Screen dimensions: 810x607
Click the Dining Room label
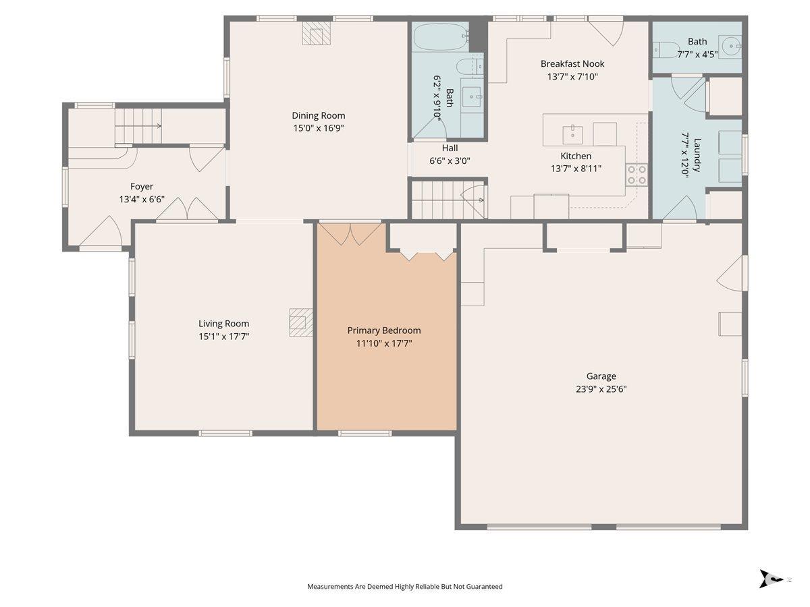[x=318, y=115]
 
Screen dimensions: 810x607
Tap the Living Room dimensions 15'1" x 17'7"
[x=223, y=337]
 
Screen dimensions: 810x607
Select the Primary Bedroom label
[x=384, y=330]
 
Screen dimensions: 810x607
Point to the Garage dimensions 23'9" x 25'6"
[x=601, y=389]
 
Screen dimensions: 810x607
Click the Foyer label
[x=142, y=187]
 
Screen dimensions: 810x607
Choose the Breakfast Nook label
[x=572, y=64]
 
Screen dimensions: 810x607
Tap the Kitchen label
[x=576, y=156]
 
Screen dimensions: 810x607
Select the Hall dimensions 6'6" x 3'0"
[x=450, y=161]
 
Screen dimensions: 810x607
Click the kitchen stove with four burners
[x=637, y=175]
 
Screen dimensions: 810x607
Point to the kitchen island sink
[x=572, y=136]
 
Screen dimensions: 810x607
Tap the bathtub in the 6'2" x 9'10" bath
[x=441, y=37]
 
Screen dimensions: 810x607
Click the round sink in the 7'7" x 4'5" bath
[x=730, y=46]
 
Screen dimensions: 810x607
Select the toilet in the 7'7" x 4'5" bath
[x=666, y=50]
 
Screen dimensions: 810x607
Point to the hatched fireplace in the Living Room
[x=301, y=322]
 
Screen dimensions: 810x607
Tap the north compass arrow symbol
[x=772, y=589]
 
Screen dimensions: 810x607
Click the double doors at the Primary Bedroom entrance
[x=350, y=233]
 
